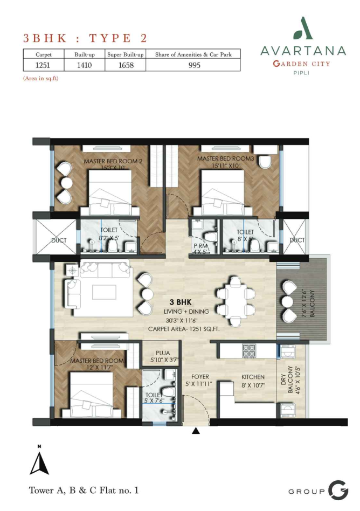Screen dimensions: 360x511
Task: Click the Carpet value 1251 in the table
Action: pos(43,65)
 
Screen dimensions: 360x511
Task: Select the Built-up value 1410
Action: pos(84,65)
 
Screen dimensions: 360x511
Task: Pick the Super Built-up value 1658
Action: pos(126,65)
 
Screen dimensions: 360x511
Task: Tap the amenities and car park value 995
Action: pos(194,65)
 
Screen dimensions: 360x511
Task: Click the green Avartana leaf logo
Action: pos(303,29)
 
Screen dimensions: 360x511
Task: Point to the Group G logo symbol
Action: pos(338,490)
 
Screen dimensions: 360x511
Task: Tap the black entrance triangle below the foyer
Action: pos(196,431)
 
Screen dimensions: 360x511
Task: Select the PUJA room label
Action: pos(163,353)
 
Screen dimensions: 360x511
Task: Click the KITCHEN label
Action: pos(253,377)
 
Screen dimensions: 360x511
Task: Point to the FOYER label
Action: pos(200,377)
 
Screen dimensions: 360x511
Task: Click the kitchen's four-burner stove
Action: pos(249,351)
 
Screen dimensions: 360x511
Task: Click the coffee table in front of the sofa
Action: pos(104,292)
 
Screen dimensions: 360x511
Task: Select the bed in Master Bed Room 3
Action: pos(223,193)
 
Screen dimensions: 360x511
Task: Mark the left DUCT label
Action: pos(59,240)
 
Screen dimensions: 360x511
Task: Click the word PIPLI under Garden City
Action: pos(301,73)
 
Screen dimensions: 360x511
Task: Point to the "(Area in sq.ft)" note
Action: pos(41,78)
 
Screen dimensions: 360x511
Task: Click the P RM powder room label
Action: pos(200,246)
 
